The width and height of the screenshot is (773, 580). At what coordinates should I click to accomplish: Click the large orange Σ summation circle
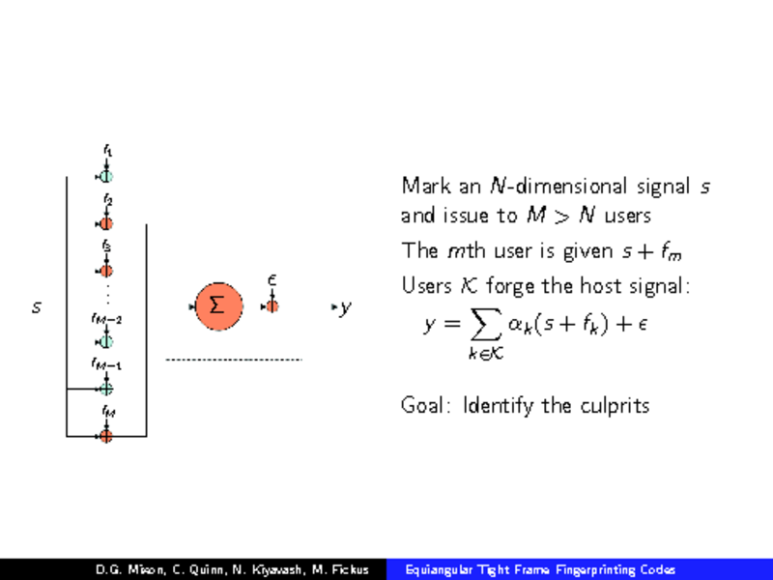coord(218,306)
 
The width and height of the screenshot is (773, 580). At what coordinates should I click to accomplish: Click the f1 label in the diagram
coord(107,151)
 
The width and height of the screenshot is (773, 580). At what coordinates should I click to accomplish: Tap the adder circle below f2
coord(106,223)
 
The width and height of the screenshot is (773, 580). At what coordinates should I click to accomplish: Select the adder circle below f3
coord(106,270)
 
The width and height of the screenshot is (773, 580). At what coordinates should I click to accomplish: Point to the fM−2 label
coord(106,318)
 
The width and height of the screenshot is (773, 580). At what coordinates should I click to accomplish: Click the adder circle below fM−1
coord(106,389)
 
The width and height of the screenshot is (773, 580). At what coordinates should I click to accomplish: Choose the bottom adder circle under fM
coord(106,436)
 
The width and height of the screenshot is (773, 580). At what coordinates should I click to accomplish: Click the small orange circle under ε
coord(272,306)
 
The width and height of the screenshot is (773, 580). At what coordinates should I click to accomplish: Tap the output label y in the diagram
coord(345,307)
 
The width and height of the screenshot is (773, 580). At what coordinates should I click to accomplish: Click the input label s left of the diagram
coord(37,308)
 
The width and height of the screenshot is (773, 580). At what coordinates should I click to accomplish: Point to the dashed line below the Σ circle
coord(234,360)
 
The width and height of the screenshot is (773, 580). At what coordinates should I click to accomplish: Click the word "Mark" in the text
coord(421,185)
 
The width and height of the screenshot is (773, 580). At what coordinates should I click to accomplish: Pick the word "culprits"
coord(614,405)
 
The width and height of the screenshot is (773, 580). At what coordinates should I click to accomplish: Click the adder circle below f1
coord(106,176)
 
